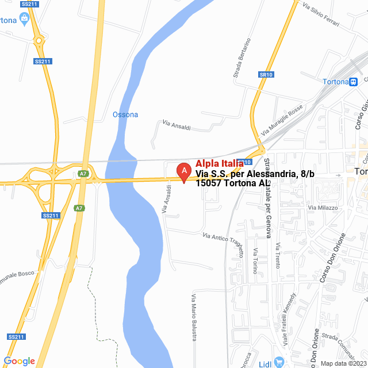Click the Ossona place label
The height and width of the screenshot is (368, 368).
point(125,114)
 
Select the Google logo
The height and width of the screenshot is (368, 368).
point(19,361)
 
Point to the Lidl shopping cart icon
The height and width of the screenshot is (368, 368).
point(279,361)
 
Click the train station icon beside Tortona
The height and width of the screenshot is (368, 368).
point(352,82)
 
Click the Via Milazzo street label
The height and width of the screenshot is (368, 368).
point(322,207)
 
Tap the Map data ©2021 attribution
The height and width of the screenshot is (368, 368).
point(343,363)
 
